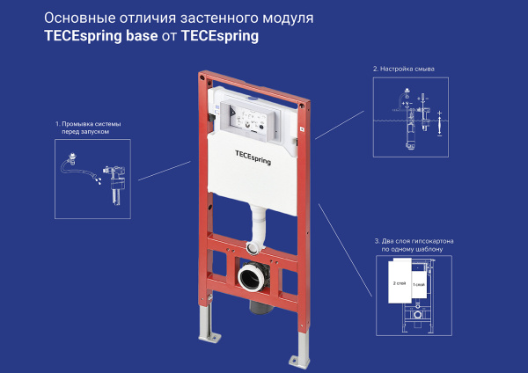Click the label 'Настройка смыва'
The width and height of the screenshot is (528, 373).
pyautogui.click(x=404, y=68)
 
